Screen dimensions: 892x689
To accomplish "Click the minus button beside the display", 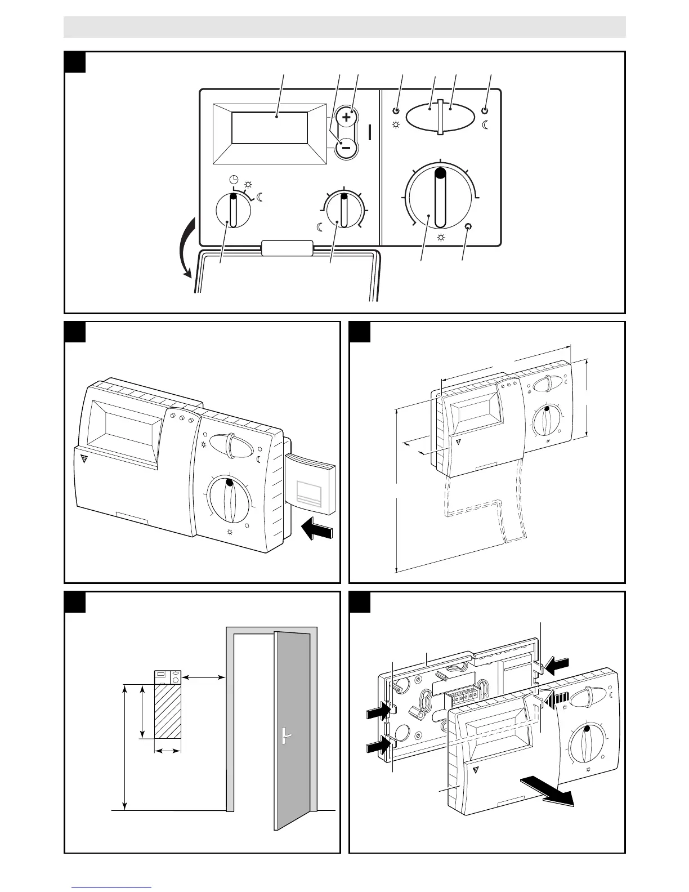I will [346, 148].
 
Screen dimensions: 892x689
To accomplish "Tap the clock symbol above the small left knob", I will [234, 180].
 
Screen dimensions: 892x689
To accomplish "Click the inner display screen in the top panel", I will [270, 128].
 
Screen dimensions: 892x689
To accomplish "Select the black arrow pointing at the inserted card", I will [317, 530].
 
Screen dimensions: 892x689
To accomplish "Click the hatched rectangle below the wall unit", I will [168, 711].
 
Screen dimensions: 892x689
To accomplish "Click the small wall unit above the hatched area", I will [168, 677].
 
